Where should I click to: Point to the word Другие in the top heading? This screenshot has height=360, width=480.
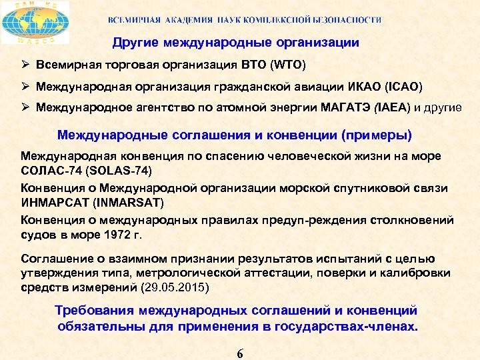point(134,43)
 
